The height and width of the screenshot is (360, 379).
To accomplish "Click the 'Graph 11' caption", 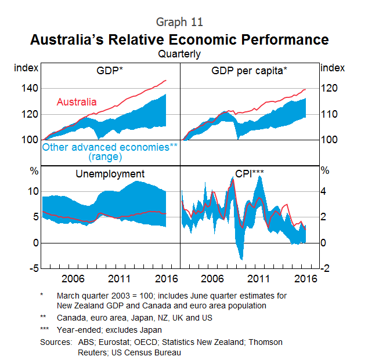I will tap(179, 22).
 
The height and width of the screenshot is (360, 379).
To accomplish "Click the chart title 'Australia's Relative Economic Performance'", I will tap(179, 39).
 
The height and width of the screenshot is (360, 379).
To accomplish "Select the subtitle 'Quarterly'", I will tap(179, 54).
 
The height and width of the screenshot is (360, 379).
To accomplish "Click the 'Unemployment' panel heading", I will tap(110, 174).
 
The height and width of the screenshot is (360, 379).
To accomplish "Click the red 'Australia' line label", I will tap(77, 102).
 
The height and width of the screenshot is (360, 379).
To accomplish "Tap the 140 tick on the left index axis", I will tap(30, 88).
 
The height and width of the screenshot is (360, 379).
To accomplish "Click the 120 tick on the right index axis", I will tap(329, 88).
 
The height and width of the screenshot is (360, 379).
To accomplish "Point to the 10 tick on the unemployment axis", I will tap(33, 191).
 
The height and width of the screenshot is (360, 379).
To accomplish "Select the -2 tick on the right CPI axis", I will tap(326, 268).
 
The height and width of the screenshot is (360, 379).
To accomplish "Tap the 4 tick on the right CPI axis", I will tap(324, 191).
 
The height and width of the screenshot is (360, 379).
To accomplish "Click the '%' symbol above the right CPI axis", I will tap(325, 171).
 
